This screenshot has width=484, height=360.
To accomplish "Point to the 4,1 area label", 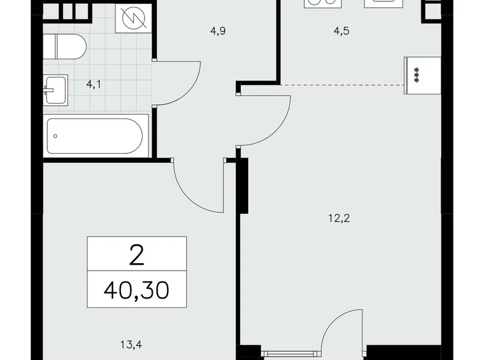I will tap(94, 85).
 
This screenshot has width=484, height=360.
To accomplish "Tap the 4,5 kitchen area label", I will tap(341, 31).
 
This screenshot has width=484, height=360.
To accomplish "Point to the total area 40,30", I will tap(137, 289).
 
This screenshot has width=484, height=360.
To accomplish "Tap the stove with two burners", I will tap(320, 3).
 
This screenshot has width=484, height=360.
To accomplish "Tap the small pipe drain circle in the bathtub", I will tap(55, 135).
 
